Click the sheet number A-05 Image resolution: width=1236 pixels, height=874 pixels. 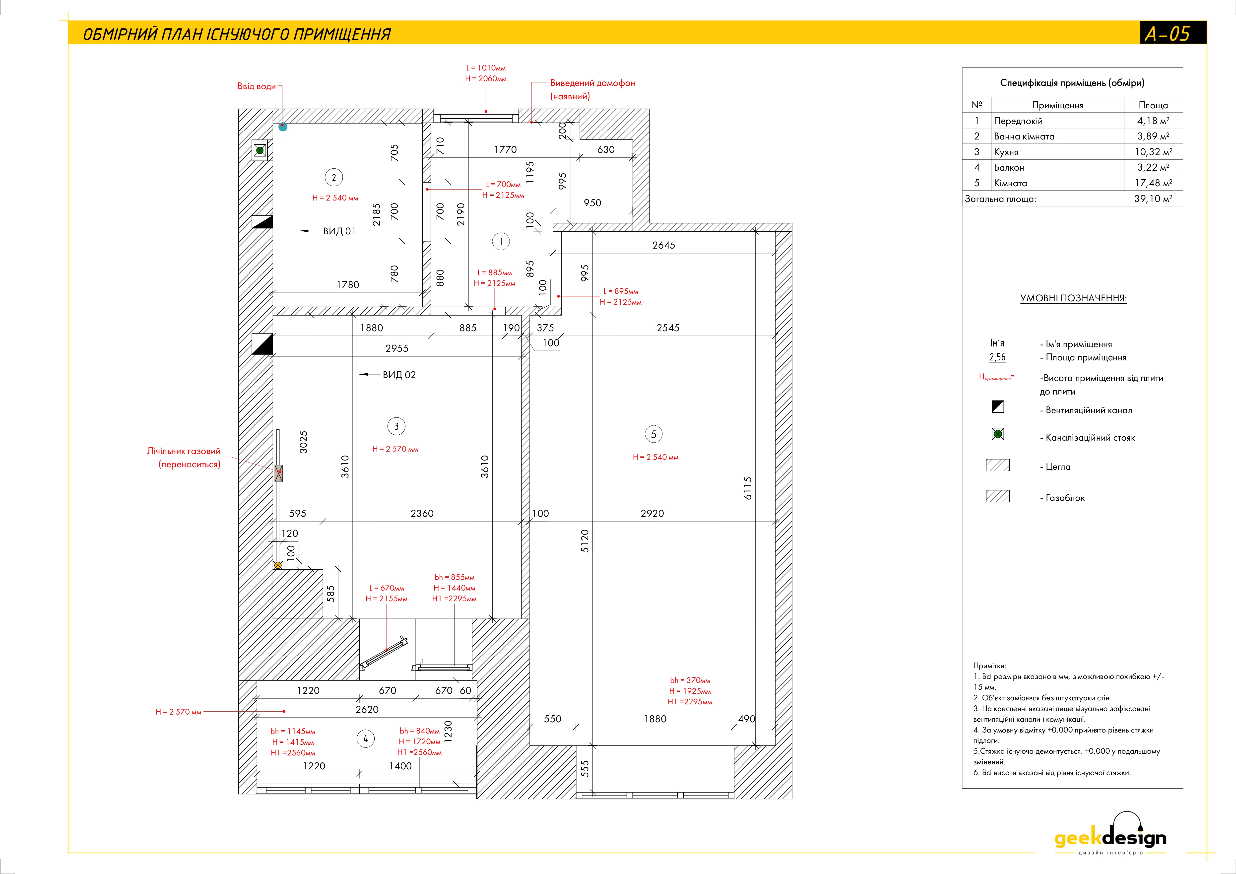pyautogui.click(x=1167, y=33)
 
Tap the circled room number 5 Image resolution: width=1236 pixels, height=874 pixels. pyautogui.click(x=653, y=434)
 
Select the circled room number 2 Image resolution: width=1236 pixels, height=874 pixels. pyautogui.click(x=334, y=177)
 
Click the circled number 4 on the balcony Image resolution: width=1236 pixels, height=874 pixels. pyautogui.click(x=366, y=739)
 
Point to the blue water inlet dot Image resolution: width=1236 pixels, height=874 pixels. pyautogui.click(x=283, y=127)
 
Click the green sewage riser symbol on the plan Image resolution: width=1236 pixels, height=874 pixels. pyautogui.click(x=260, y=150)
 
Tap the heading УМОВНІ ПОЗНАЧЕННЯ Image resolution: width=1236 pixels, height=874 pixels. pyautogui.click(x=1073, y=298)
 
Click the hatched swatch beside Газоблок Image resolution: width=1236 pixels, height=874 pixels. pyautogui.click(x=997, y=496)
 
